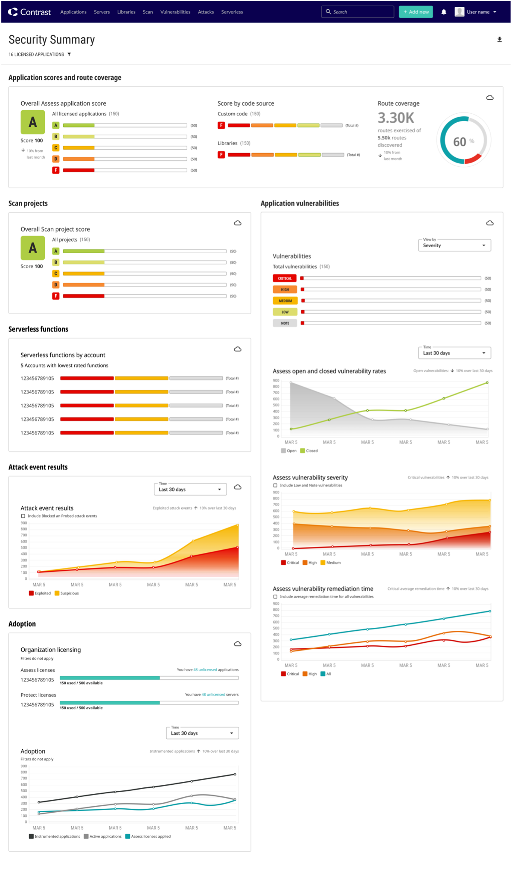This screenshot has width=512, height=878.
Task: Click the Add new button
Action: click(x=416, y=12)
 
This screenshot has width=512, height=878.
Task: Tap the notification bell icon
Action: click(x=444, y=12)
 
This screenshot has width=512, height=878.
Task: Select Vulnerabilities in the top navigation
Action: click(x=175, y=12)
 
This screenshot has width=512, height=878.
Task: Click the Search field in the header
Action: click(x=358, y=12)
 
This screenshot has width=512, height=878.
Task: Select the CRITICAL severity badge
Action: click(x=285, y=278)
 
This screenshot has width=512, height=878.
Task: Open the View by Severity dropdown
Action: click(x=454, y=245)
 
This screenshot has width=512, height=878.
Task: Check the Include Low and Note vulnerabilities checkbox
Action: click(x=275, y=485)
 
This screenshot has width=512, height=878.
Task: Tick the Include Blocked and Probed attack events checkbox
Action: click(x=23, y=516)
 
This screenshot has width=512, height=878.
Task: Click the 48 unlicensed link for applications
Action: click(x=205, y=670)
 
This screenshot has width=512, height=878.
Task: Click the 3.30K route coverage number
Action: click(x=396, y=118)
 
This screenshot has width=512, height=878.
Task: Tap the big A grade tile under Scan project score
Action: click(x=32, y=248)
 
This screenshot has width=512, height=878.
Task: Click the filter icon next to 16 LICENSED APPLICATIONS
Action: click(x=69, y=54)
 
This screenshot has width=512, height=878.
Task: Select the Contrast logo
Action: click(x=29, y=12)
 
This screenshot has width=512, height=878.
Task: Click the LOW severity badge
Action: click(x=285, y=312)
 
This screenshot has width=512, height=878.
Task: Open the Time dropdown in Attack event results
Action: click(x=190, y=489)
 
